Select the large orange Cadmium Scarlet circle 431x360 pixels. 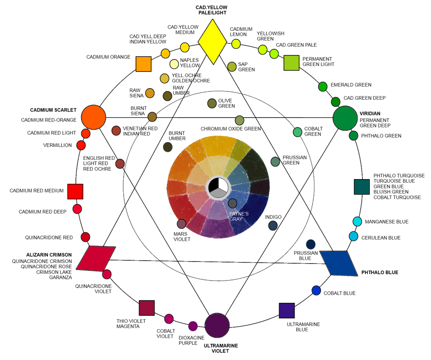[x=93, y=117]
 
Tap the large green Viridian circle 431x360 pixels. [x=345, y=119]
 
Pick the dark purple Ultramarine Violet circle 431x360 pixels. [x=217, y=325]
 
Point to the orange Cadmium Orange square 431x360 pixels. [x=143, y=64]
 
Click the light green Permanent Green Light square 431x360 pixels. [x=291, y=62]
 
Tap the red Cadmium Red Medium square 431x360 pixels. [x=75, y=191]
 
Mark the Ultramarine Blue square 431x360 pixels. [x=286, y=311]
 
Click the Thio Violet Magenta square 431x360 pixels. [x=147, y=307]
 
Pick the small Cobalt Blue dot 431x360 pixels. [x=317, y=291]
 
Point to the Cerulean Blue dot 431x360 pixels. [x=353, y=236]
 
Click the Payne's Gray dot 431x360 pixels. [x=232, y=203]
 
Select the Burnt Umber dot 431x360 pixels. [x=168, y=147]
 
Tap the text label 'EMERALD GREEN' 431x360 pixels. [x=351, y=85]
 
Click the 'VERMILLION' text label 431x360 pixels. [x=58, y=145]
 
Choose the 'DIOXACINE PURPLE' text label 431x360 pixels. [x=191, y=340]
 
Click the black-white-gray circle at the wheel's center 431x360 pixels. [x=218, y=187]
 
